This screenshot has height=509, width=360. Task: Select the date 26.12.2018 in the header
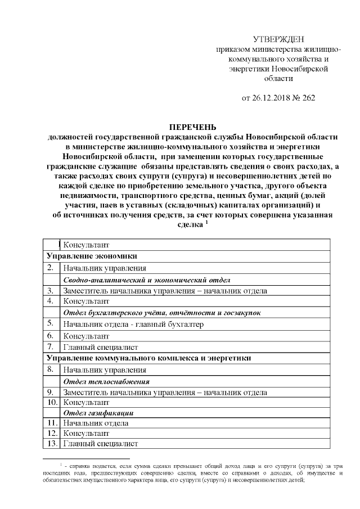click(x=272, y=97)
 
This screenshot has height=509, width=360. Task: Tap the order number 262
click(x=308, y=97)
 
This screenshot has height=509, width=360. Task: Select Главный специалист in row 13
click(x=101, y=444)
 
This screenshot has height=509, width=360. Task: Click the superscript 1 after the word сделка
click(x=206, y=221)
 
